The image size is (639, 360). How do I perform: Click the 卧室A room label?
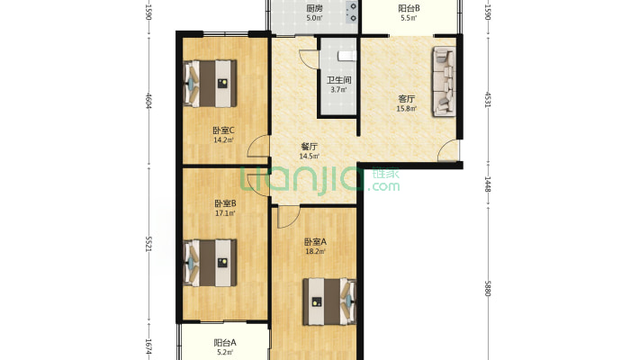tap(315, 242)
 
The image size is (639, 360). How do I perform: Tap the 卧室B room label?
tap(225, 203)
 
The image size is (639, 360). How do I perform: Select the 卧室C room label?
tap(224, 130)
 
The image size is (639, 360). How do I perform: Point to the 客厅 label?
tap(406, 99)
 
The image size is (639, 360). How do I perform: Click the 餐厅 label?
tap(310, 147)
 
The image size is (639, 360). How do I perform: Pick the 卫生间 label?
tap(339, 80)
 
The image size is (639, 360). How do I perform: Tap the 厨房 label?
tap(314, 8)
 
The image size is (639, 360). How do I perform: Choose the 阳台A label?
tap(225, 343)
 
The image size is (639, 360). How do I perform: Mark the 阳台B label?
tap(409, 8)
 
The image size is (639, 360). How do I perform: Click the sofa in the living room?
tap(444, 81)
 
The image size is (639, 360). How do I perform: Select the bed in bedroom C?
tap(211, 84)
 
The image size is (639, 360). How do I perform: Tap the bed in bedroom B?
tap(211, 263)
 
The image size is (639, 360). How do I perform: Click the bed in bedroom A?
tap(329, 301)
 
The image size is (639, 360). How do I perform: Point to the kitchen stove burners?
tap(351, 13)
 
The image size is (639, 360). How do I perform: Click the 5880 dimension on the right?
tap(488, 288)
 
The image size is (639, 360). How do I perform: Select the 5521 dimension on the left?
tap(148, 244)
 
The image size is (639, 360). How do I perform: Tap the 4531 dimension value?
tap(488, 100)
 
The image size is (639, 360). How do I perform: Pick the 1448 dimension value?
tap(488, 184)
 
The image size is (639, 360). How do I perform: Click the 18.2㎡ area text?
tap(315, 252)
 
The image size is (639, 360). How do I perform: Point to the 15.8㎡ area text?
tap(406, 108)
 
